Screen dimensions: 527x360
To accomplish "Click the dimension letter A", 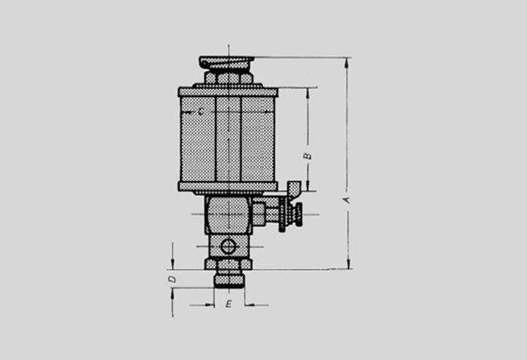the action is click(347, 200).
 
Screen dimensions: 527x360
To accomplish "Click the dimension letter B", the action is click(308, 156).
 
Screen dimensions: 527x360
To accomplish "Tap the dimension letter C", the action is click(200, 111).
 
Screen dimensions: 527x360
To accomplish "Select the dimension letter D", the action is click(172, 279).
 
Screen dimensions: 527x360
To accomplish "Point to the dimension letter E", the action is click(229, 304).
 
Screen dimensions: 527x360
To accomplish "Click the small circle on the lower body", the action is click(228, 247).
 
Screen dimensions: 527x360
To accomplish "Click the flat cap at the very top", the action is click(226, 62).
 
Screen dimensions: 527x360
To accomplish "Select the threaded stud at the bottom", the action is click(229, 278).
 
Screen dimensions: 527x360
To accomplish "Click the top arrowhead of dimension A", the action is click(347, 61).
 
